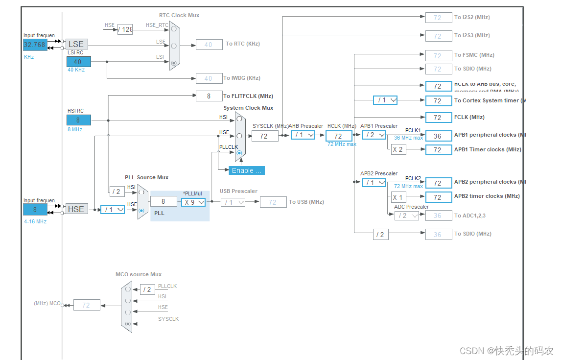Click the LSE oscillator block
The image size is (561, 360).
click(x=76, y=44)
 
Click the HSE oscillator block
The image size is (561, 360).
click(x=76, y=209)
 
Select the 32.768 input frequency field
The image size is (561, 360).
click(x=35, y=45)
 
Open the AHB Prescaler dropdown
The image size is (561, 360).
click(x=303, y=135)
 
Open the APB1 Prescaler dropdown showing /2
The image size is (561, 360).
click(x=374, y=135)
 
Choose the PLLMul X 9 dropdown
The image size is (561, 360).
click(x=193, y=202)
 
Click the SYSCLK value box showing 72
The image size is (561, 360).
click(x=265, y=136)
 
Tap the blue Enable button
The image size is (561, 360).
click(x=246, y=170)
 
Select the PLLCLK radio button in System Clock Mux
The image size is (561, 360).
click(x=239, y=153)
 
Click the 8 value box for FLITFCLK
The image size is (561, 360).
click(x=209, y=96)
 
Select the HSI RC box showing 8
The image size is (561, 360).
click(x=78, y=120)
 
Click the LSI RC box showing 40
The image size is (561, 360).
click(x=78, y=62)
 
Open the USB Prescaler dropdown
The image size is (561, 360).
click(x=233, y=202)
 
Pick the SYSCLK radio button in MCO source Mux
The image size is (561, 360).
click(x=128, y=324)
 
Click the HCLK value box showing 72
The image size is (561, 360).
click(x=339, y=136)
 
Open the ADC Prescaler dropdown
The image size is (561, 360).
click(x=406, y=216)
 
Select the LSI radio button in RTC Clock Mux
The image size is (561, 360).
click(x=174, y=63)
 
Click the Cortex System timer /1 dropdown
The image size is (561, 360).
click(x=385, y=100)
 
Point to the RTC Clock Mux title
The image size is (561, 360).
click(x=179, y=15)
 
